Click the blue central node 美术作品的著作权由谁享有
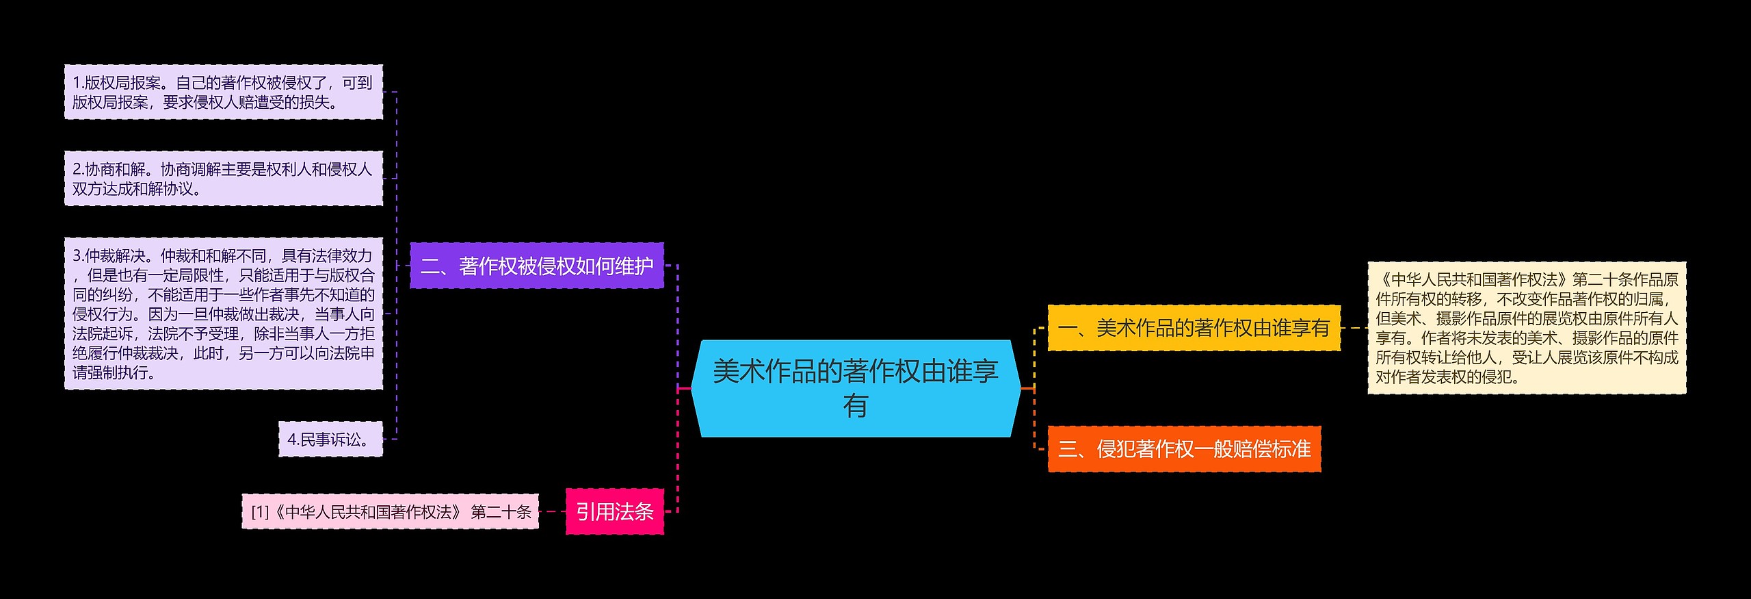(x=855, y=388)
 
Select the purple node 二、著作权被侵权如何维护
(x=537, y=266)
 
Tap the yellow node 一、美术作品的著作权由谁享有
(x=1194, y=328)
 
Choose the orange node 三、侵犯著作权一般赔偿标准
(x=1184, y=449)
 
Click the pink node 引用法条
(x=614, y=511)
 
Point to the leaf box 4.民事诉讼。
(x=330, y=439)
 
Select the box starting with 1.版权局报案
(x=223, y=92)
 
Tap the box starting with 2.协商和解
(x=223, y=179)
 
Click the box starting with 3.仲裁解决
(x=223, y=314)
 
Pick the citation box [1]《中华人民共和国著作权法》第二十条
(x=390, y=511)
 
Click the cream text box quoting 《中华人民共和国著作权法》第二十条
(x=1527, y=328)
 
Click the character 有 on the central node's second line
(x=855, y=406)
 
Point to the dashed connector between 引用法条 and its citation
(x=553, y=511)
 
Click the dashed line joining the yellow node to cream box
(x=1354, y=328)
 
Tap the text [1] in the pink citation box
(x=260, y=512)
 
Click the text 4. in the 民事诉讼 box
(x=293, y=439)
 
